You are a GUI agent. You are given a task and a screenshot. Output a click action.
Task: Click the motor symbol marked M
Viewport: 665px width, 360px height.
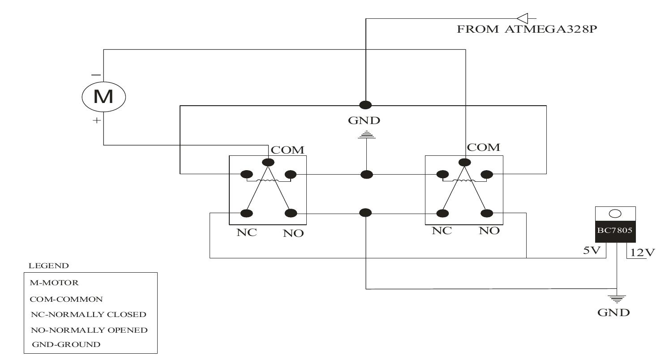pyautogui.click(x=103, y=96)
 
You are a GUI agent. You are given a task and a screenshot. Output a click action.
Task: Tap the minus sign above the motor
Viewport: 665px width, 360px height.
pyautogui.click(x=96, y=74)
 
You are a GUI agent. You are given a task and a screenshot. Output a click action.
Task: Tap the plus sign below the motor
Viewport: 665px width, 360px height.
pyautogui.click(x=96, y=121)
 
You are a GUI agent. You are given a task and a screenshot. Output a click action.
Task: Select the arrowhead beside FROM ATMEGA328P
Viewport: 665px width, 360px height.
pyautogui.click(x=523, y=18)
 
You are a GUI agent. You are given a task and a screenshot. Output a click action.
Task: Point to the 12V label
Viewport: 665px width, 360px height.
pyautogui.click(x=642, y=253)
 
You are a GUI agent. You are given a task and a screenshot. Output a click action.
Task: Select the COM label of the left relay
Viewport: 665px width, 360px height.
pyautogui.click(x=287, y=150)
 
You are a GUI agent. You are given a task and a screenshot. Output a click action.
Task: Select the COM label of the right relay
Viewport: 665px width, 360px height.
pyautogui.click(x=483, y=148)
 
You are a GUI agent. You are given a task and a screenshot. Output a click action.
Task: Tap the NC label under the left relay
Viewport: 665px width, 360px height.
pyautogui.click(x=247, y=233)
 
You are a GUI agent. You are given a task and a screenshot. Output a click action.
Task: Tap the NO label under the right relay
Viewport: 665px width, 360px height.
pyautogui.click(x=489, y=231)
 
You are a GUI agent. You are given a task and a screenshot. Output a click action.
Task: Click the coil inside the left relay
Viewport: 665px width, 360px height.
pyautogui.click(x=268, y=181)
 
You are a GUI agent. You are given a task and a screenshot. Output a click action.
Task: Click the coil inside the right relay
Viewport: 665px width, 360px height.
pyautogui.click(x=463, y=181)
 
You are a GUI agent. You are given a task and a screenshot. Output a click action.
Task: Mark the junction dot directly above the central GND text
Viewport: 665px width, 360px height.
pyautogui.click(x=365, y=105)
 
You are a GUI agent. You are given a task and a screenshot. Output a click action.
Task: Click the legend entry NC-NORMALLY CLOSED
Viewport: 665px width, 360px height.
pyautogui.click(x=88, y=314)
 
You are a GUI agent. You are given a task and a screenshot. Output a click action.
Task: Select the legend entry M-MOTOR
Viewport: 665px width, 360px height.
pyautogui.click(x=54, y=283)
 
